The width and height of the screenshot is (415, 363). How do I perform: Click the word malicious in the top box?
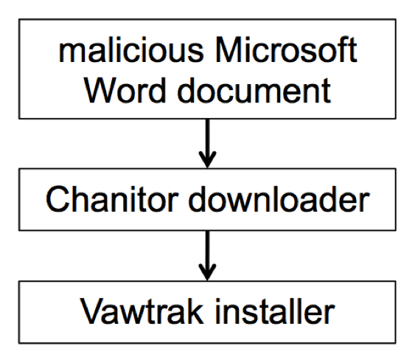click(x=131, y=49)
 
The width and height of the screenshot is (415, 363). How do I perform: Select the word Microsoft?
click(x=286, y=49)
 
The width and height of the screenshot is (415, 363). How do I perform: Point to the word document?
click(x=254, y=90)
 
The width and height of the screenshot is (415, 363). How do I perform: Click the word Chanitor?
click(x=112, y=199)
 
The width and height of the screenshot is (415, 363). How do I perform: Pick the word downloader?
click(x=279, y=199)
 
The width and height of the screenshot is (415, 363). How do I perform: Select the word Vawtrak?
click(x=142, y=311)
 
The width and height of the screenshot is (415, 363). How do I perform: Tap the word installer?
click(x=275, y=311)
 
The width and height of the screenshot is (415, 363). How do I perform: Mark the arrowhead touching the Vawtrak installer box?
click(x=208, y=272)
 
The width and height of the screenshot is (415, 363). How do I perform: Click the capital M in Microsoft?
click(x=229, y=49)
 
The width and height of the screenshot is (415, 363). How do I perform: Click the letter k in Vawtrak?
click(x=195, y=311)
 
